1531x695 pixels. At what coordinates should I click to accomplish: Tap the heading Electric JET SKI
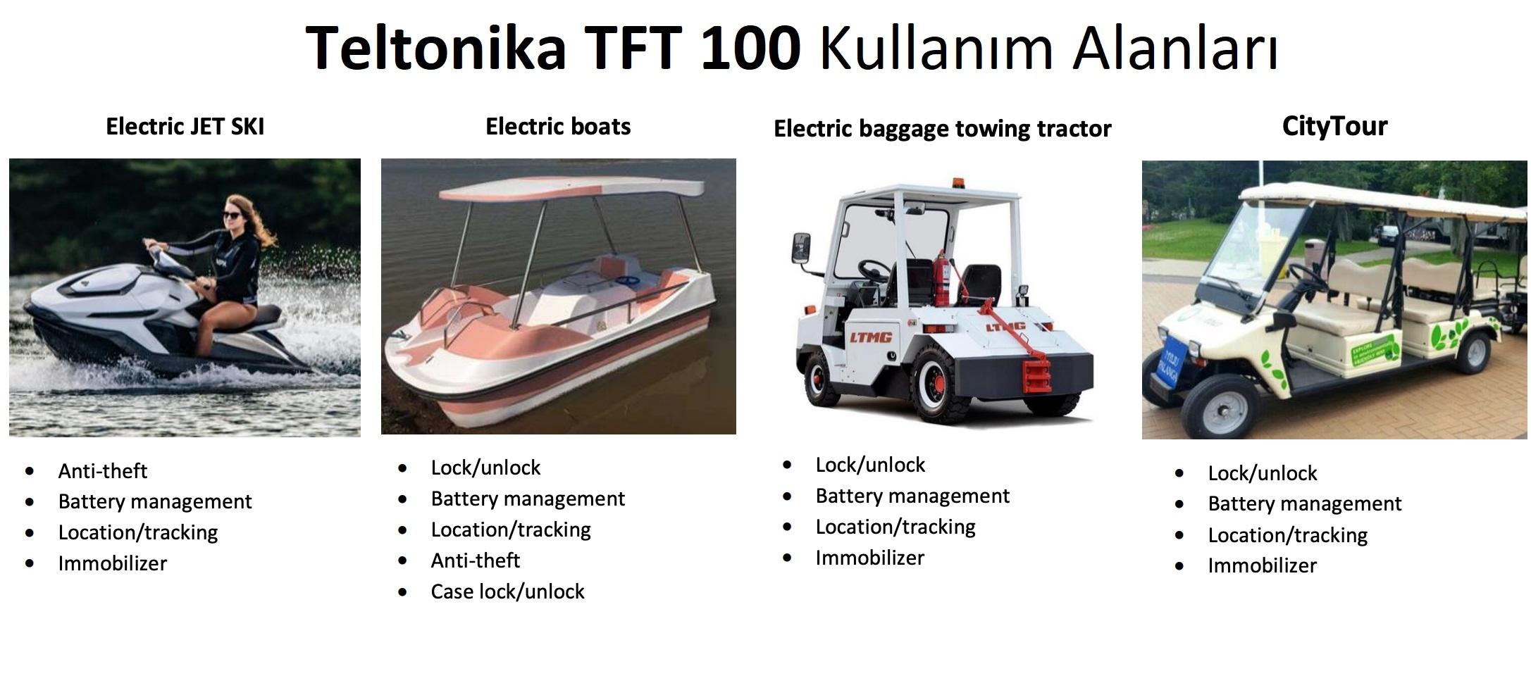pos(185,127)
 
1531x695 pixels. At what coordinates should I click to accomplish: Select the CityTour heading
pos(1334,126)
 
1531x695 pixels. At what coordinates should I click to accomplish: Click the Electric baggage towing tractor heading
pos(942,129)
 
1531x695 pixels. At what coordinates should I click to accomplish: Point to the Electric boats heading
pos(558,127)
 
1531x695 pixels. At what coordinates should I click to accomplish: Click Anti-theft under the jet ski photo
pos(103,470)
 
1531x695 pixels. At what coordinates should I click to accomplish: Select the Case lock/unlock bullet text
pos(507,591)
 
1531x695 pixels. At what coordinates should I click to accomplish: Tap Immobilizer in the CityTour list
pos(1262,565)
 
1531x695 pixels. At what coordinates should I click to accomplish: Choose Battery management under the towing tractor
pos(912,496)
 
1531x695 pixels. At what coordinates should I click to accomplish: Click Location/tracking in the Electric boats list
pos(511,530)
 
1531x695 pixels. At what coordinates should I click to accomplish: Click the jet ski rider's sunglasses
pos(233,215)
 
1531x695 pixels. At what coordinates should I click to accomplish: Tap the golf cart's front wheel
pos(1214,406)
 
